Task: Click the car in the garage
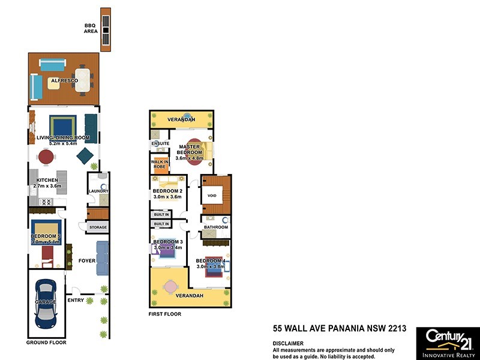pyautogui.click(x=46, y=304)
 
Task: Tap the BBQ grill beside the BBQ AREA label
pyautogui.click(x=106, y=29)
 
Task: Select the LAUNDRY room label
pyautogui.click(x=97, y=191)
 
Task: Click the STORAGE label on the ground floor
pyautogui.click(x=98, y=227)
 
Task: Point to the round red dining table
pyautogui.click(x=46, y=157)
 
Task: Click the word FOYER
pyautogui.click(x=87, y=260)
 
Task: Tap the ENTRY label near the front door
pyautogui.click(x=76, y=300)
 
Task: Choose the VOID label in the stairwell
pyautogui.click(x=211, y=196)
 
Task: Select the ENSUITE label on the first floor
pyautogui.click(x=160, y=144)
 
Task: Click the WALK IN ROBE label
pyautogui.click(x=159, y=164)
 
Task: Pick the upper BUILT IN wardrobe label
pyautogui.click(x=161, y=214)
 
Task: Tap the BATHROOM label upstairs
pyautogui.click(x=215, y=227)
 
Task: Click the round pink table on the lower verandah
pyautogui.click(x=172, y=287)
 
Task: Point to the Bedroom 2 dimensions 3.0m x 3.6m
pyautogui.click(x=167, y=196)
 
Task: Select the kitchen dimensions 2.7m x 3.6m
pyautogui.click(x=47, y=187)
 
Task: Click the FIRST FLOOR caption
pyautogui.click(x=164, y=314)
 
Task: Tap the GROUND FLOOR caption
pyautogui.click(x=46, y=343)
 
